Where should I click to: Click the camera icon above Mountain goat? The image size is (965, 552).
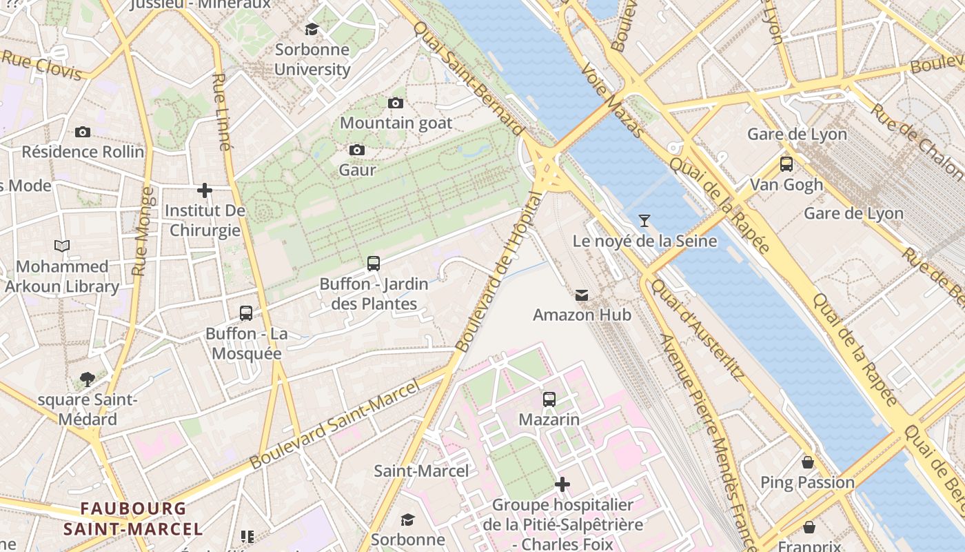[396, 103]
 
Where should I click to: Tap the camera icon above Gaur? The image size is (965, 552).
[357, 150]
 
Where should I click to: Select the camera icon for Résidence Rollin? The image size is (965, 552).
[83, 132]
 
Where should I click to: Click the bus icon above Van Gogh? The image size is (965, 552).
[786, 164]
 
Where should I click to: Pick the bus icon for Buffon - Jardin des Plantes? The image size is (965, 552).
[374, 263]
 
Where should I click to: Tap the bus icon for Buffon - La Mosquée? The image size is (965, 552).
[246, 313]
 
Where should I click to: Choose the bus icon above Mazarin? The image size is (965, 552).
[549, 399]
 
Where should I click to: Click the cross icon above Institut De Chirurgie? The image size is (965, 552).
[205, 190]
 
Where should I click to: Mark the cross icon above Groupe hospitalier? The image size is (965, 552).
[562, 484]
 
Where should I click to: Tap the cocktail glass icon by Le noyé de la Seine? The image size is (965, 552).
[644, 221]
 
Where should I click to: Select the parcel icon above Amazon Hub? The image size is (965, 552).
[582, 295]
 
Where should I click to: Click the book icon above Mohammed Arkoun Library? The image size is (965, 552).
[62, 246]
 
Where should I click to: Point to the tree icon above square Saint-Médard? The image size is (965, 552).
[87, 379]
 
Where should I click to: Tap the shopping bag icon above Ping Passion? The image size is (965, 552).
[807, 462]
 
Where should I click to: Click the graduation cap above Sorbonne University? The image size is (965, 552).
[312, 29]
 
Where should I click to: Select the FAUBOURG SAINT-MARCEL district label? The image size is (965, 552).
[133, 519]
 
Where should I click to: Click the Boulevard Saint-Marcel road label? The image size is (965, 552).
[335, 425]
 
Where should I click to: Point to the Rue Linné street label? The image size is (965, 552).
[221, 112]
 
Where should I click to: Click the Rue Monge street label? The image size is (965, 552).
[141, 231]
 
